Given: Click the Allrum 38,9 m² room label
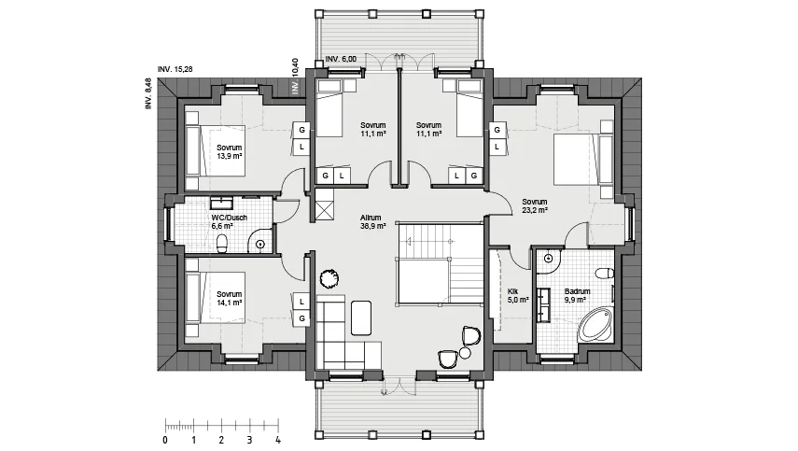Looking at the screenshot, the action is [373, 221].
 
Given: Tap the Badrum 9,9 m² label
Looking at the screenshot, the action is [577, 296].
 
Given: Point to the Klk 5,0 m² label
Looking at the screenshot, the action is [518, 296].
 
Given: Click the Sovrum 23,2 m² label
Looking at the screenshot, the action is [535, 205].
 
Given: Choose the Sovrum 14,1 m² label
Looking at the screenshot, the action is [229, 298].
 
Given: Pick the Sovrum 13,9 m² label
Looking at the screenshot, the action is [229, 151].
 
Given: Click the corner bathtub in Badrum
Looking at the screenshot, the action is [595, 324].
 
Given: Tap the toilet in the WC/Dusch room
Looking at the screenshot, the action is [222, 244].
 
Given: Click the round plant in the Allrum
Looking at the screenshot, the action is [329, 279].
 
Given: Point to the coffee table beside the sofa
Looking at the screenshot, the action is [361, 317].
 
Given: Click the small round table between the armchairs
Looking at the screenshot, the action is [465, 353].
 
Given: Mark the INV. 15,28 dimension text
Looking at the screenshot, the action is [175, 69].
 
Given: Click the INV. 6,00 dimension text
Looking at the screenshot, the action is [341, 59].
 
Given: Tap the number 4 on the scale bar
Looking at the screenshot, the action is [278, 440].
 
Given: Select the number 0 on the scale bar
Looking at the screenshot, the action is [165, 440].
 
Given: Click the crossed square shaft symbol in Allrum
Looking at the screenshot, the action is [325, 211].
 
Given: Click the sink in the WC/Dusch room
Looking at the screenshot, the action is [221, 204].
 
